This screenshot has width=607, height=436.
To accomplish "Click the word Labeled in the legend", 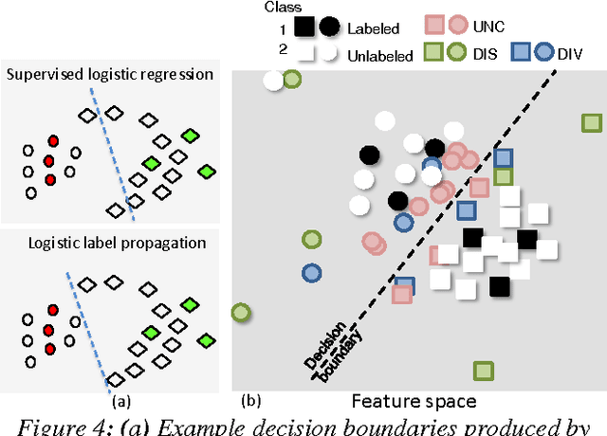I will [374, 29].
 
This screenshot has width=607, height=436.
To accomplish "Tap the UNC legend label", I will [489, 26].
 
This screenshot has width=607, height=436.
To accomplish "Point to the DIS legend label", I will [484, 55].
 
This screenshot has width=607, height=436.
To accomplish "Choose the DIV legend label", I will [575, 54].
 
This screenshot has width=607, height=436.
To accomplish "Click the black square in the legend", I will [305, 28].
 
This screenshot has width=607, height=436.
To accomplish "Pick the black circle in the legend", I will [329, 28].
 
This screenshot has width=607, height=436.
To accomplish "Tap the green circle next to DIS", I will [456, 54].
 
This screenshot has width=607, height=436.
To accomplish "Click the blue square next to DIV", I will [522, 53].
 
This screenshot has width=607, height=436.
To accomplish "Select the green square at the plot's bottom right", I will [485, 372].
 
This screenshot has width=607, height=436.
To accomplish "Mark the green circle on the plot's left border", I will [241, 312].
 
